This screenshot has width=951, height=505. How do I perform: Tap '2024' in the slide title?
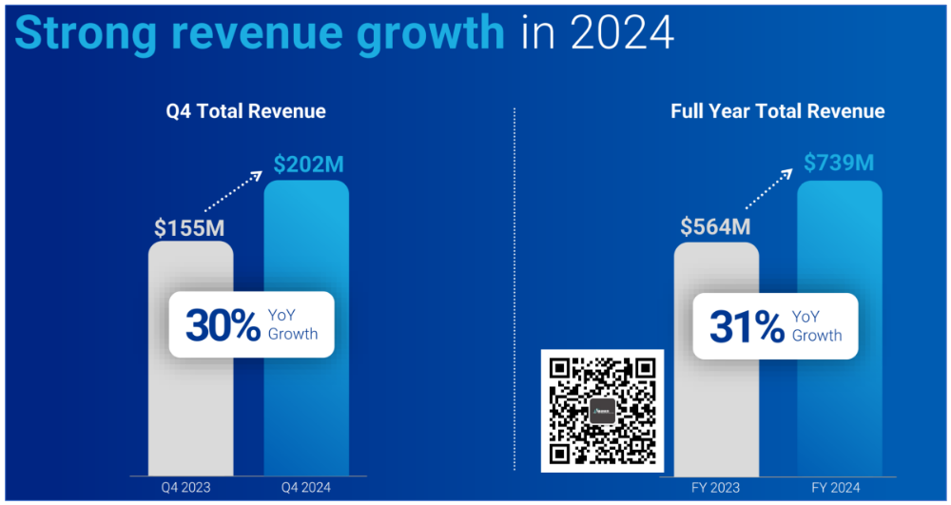tap(623, 32)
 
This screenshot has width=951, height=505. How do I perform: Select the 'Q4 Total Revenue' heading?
tap(246, 111)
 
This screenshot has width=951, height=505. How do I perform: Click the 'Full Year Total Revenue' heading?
tap(778, 111)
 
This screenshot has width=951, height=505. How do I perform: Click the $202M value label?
tap(308, 165)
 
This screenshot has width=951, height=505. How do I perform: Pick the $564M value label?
tap(716, 227)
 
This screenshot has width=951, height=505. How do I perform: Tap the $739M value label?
tap(839, 164)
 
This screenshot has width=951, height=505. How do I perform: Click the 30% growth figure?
tap(223, 325)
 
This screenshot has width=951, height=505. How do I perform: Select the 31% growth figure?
tap(746, 325)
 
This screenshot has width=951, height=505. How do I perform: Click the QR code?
tap(603, 410)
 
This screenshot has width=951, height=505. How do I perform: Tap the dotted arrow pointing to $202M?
tap(234, 195)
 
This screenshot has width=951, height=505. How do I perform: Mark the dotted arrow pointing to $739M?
tap(768, 191)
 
